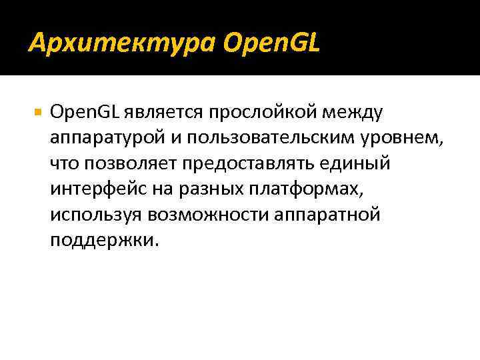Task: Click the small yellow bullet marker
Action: coord(36,112)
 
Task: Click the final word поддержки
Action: coord(104,241)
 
